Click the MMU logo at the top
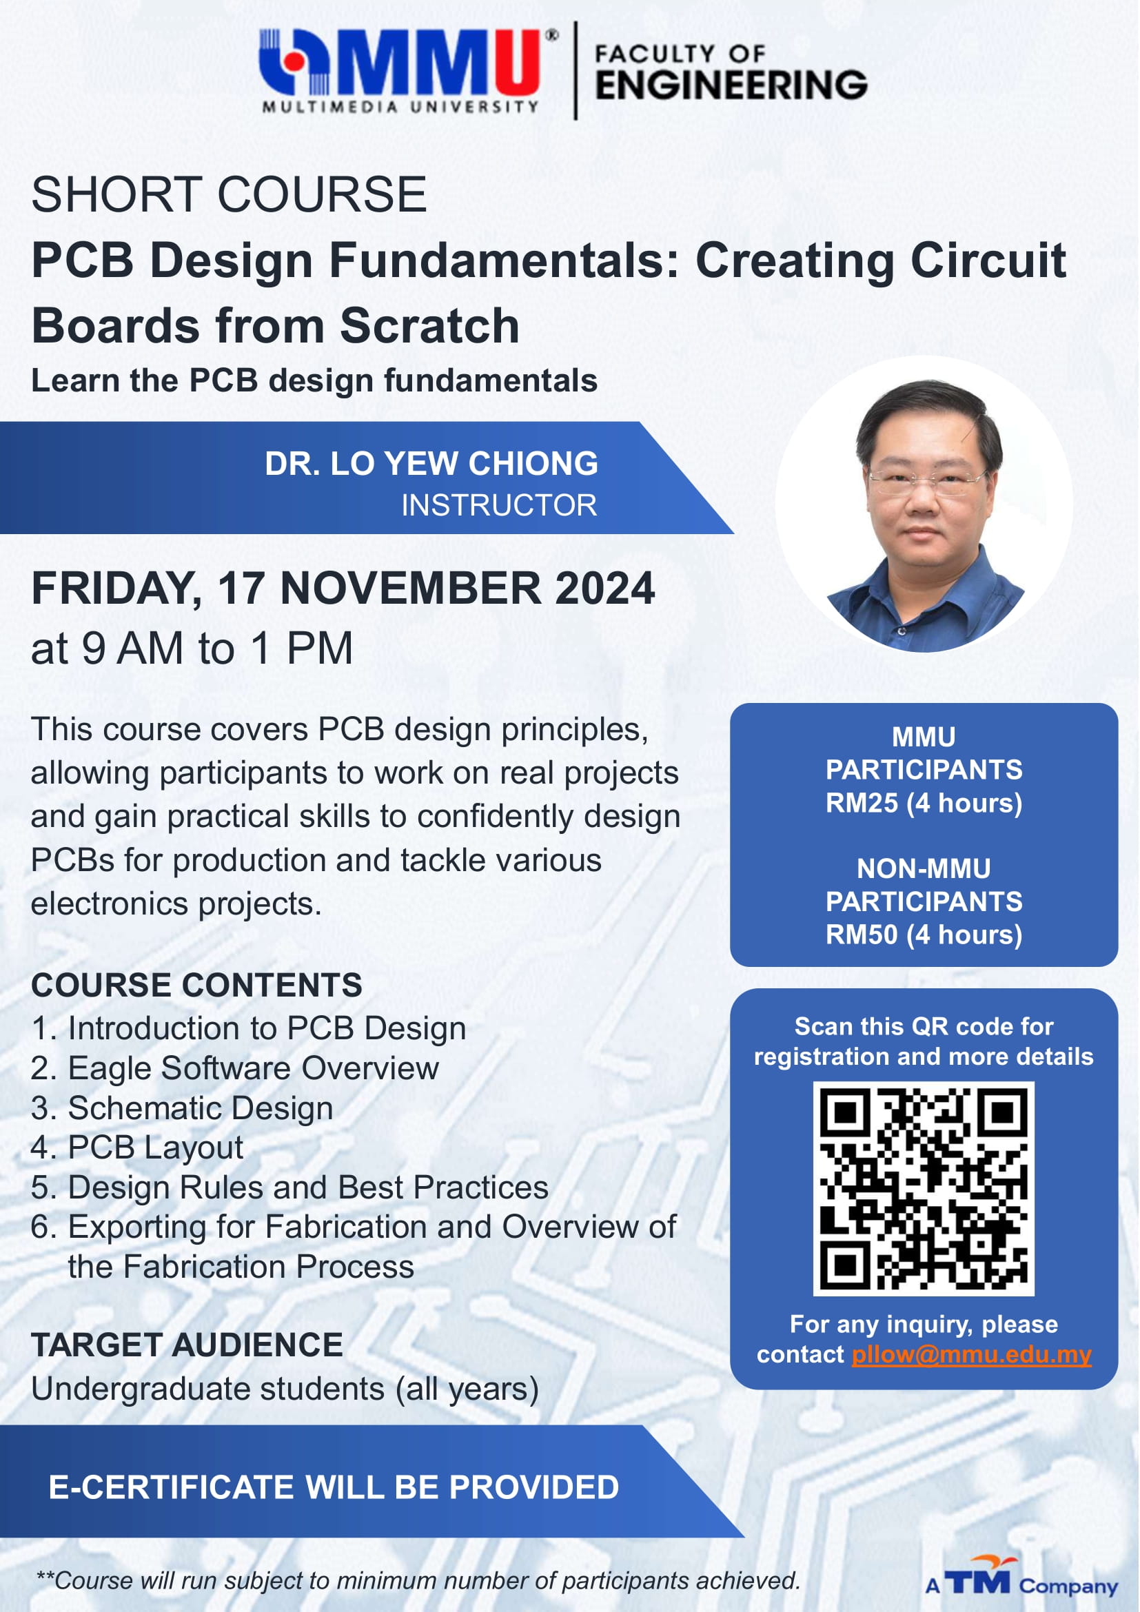coord(408,70)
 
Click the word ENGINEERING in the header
coord(731,85)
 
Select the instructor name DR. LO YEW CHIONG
coord(431,463)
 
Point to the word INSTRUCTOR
coord(499,504)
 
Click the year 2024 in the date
coord(604,588)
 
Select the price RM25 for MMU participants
coord(861,802)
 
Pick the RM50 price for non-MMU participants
coord(861,935)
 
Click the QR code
coord(923,1188)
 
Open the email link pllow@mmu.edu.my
coord(971,1354)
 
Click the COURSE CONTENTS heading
coord(196,985)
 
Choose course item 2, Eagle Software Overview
coord(235,1069)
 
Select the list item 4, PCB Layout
coord(137,1148)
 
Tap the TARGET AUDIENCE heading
coord(187,1345)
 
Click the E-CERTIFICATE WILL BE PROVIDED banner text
coord(334,1487)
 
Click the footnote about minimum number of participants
coord(418,1580)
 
